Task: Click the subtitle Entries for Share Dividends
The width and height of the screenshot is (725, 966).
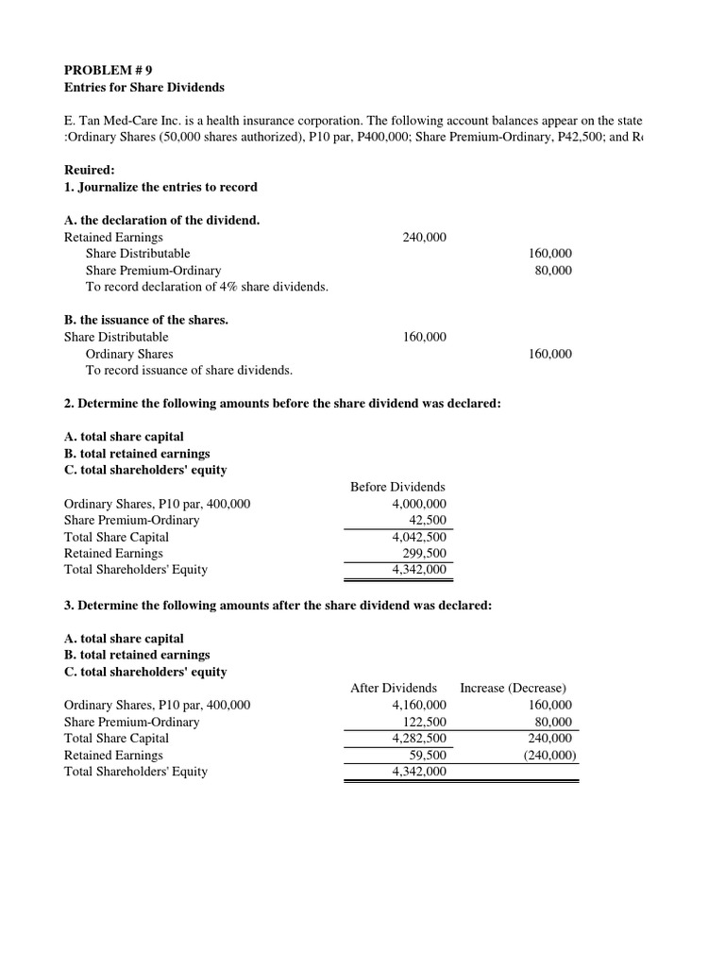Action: coord(143,87)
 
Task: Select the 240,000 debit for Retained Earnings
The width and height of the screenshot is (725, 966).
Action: coord(424,238)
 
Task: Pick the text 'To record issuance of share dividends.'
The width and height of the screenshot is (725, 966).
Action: coord(189,370)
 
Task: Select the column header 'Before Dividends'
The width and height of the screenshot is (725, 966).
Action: coord(397,487)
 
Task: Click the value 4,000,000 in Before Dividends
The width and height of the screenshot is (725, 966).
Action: coord(418,504)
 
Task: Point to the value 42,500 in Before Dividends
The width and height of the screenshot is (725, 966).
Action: coord(428,521)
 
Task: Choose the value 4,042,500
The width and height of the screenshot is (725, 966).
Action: coord(418,537)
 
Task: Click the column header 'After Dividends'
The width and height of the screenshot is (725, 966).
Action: coord(394,688)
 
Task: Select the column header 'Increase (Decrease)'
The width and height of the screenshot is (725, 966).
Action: coord(513,688)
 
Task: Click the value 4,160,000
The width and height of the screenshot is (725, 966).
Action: coord(418,705)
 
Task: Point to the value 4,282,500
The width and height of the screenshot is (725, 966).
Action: coord(418,738)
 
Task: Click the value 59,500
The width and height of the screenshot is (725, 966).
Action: coord(428,755)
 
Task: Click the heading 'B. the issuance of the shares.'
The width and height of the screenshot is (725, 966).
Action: coord(145,320)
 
